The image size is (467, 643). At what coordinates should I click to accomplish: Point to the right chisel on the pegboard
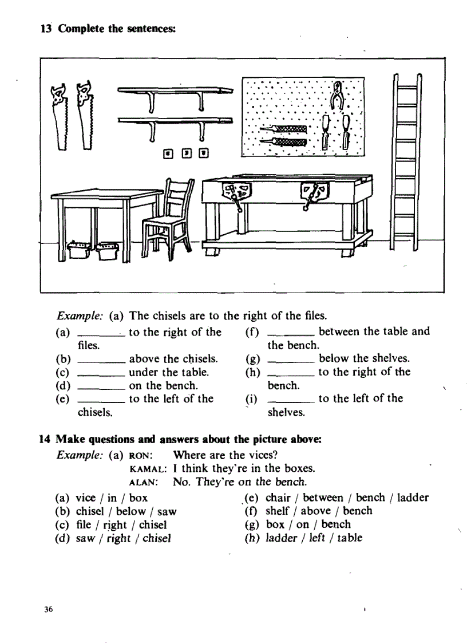coord(347,131)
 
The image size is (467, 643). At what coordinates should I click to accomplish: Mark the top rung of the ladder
coord(407,86)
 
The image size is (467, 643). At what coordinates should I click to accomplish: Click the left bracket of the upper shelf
coord(152,101)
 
